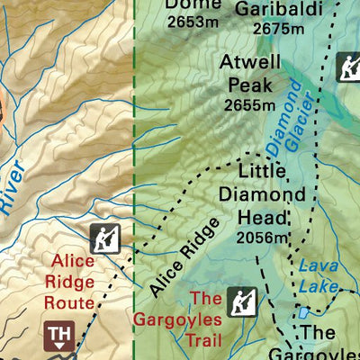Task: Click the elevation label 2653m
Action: click(x=192, y=22)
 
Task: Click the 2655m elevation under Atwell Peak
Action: click(x=250, y=105)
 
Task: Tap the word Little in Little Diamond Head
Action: click(x=262, y=171)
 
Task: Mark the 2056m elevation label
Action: click(x=262, y=238)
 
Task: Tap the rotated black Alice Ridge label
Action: click(x=184, y=257)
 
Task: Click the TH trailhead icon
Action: click(x=59, y=337)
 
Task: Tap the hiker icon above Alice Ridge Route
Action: click(x=104, y=238)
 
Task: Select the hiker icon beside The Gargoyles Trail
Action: click(x=240, y=301)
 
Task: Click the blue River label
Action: click(x=11, y=188)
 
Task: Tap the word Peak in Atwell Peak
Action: click(x=250, y=85)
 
